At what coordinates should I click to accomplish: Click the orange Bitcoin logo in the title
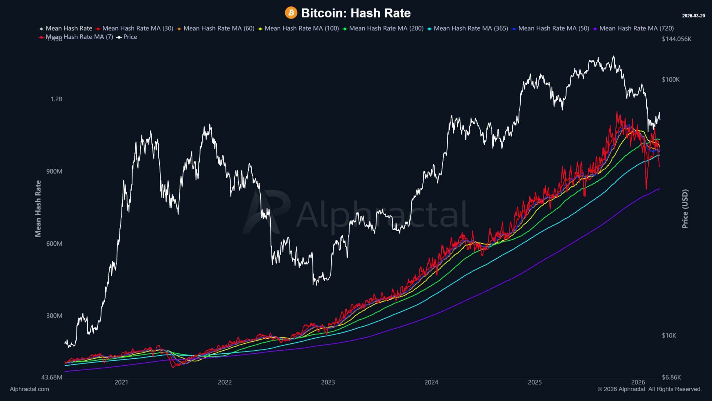291,13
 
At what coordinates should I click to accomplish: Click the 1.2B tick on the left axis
56,99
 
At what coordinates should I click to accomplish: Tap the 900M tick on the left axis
54,171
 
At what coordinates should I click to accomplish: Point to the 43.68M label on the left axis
52,377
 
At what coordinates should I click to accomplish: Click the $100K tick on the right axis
671,80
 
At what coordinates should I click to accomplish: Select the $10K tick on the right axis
669,335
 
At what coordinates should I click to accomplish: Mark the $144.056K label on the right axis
676,39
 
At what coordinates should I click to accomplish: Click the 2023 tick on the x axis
328,382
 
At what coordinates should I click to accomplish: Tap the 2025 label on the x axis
535,382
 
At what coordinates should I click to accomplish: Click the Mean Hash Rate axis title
38,209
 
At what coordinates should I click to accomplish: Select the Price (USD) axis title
685,209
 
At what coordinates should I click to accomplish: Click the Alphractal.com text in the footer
29,389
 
